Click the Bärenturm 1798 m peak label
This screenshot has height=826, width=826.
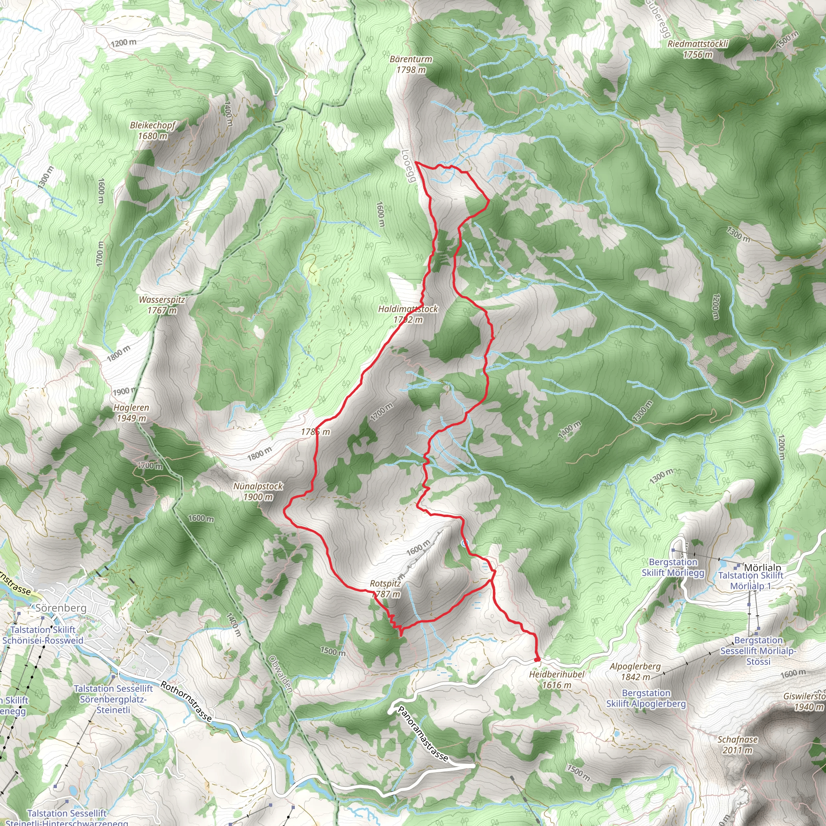pos(411,65)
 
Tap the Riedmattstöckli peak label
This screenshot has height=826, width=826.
pos(698,49)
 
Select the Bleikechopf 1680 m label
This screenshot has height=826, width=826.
pos(152,130)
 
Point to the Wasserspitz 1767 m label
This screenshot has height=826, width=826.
pos(162,305)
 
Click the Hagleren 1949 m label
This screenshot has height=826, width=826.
pos(131,413)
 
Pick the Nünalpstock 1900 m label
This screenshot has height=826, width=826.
pos(258,491)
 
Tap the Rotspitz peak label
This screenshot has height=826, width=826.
pos(386,588)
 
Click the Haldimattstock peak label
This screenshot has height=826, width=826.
pos(408,314)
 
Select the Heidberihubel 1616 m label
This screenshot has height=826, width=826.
pos(556,679)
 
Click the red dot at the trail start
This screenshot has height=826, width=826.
pos(537,660)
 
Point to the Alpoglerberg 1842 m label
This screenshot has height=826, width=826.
pos(635,671)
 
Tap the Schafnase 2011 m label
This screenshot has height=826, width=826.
pos(738,745)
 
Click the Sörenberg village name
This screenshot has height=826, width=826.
pos(61,607)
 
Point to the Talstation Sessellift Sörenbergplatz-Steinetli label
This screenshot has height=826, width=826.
pos(113,699)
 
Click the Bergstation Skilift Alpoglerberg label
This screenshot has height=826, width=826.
pos(646,698)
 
